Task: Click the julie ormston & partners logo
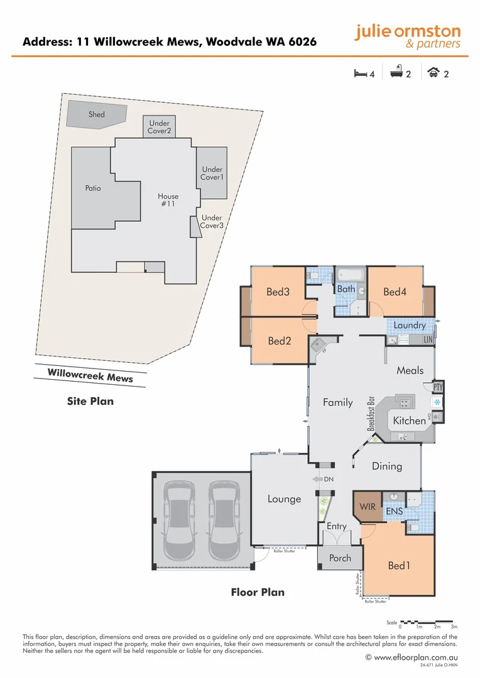tap(407, 36)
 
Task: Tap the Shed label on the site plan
tap(97, 114)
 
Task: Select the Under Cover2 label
tap(159, 127)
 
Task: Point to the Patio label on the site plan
tap(93, 188)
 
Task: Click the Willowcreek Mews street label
tap(90, 375)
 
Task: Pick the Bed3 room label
tap(278, 291)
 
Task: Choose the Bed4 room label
tap(395, 291)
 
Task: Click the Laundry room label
tap(410, 325)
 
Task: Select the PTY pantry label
tap(439, 388)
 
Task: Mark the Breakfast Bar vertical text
tap(371, 413)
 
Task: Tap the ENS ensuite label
tap(395, 512)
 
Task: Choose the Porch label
tap(341, 557)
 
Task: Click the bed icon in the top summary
tap(360, 74)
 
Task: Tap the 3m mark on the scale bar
tap(454, 627)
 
